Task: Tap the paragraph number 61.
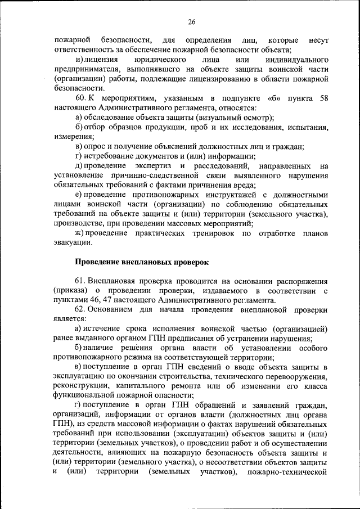pyautogui.click(x=80, y=281)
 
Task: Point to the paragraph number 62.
pyautogui.click(x=80, y=309)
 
